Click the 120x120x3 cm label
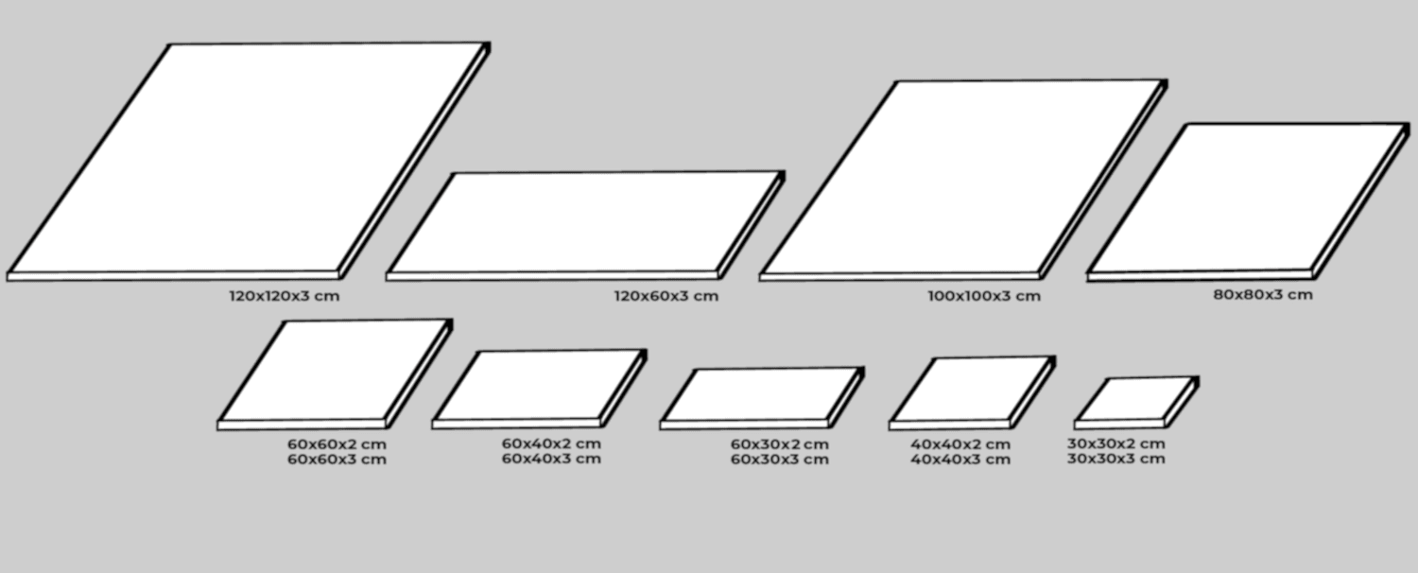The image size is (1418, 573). click(284, 296)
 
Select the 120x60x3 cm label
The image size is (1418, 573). click(666, 296)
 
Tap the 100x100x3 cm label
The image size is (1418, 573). click(984, 296)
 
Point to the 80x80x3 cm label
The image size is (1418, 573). click(1263, 294)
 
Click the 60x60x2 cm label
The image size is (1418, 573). click(337, 443)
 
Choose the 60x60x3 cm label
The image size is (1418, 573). click(337, 460)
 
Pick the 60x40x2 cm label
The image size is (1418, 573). click(551, 443)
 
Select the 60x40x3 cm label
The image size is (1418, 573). click(551, 459)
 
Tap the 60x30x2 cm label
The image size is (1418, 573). click(780, 443)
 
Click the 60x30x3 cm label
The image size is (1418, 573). click(780, 460)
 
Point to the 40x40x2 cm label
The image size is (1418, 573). click(960, 443)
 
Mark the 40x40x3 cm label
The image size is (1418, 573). click(960, 460)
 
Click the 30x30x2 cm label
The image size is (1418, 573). click(1116, 443)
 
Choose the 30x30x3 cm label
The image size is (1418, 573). click(1116, 459)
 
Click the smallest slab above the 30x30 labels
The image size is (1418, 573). click(1135, 400)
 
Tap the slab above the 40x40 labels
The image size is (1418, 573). click(971, 390)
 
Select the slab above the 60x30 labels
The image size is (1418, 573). click(762, 395)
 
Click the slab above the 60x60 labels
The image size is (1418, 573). click(335, 372)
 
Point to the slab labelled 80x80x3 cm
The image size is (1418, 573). click(1248, 199)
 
